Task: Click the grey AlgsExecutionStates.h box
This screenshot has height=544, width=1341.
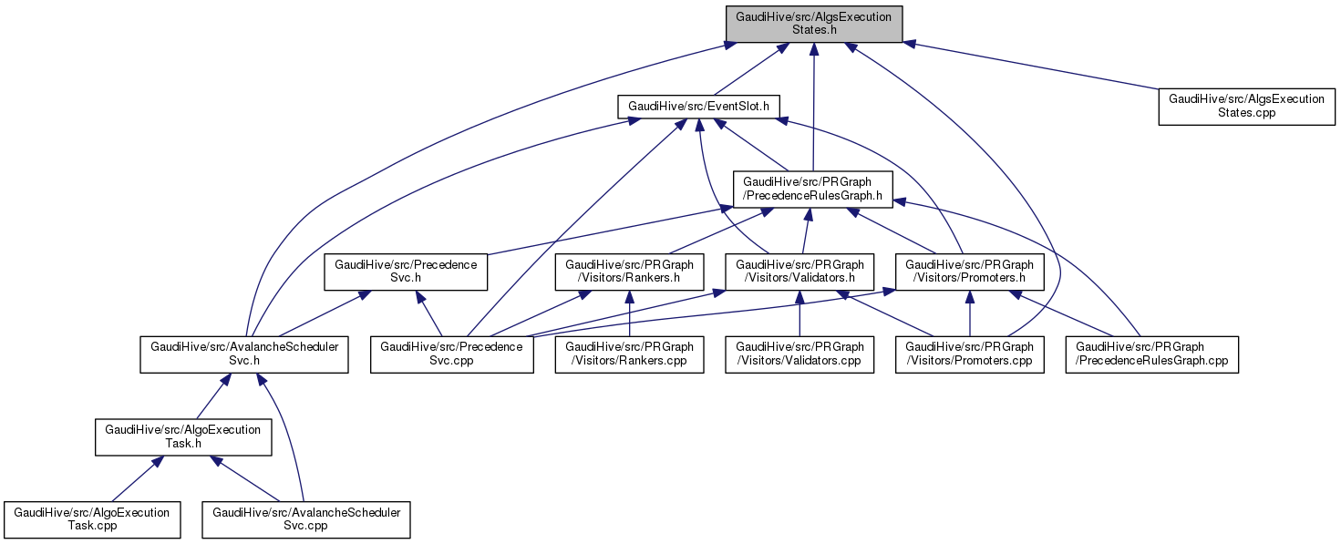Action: point(813,24)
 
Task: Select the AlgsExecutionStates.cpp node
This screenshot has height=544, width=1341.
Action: point(1246,106)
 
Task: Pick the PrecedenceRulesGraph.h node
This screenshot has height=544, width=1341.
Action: point(814,189)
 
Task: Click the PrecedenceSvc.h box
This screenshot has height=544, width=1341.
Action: point(406,272)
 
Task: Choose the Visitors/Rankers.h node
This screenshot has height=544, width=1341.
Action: point(630,272)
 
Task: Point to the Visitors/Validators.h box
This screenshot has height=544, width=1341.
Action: point(799,272)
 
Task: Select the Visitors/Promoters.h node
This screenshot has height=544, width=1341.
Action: point(969,272)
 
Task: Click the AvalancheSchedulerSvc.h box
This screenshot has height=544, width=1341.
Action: point(244,354)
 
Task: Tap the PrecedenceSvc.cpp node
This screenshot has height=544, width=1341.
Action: point(451,354)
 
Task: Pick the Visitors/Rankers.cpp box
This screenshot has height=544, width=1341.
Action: point(630,354)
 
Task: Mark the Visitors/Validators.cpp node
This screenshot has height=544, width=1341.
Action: point(799,354)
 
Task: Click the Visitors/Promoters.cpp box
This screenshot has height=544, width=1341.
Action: point(969,354)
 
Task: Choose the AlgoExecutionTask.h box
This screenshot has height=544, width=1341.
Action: point(183,436)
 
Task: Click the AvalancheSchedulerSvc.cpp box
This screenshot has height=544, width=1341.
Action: point(306,519)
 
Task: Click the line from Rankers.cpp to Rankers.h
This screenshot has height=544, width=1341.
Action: point(630,315)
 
